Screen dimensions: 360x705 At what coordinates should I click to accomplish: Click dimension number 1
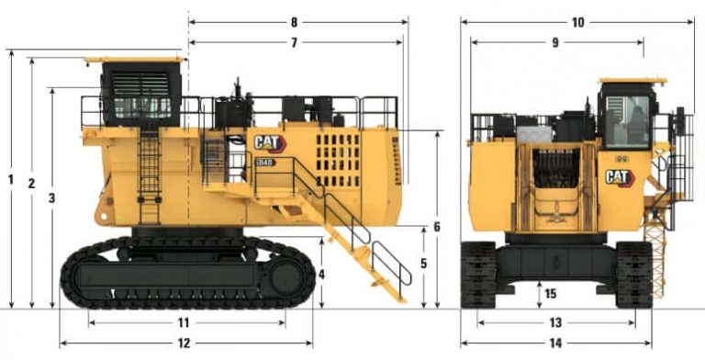pos(11,180)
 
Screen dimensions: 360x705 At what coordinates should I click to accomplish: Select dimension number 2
pos(32,183)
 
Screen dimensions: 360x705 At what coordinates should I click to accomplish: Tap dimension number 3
pos(52,197)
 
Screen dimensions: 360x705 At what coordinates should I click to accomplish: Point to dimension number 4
pos(322,274)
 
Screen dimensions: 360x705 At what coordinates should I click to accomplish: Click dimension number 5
pos(423,263)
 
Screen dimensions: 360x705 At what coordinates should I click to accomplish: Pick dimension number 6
pos(437,225)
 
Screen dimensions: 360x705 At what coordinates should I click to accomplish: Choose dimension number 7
pos(294,42)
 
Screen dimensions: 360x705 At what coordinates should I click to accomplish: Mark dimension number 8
pos(294,21)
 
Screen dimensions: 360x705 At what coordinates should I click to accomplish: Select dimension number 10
pos(578,21)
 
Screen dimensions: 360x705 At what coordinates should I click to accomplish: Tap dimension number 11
pos(184,322)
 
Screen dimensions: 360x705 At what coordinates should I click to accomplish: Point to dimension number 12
pos(184,343)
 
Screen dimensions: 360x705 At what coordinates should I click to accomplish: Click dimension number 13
pos(555,322)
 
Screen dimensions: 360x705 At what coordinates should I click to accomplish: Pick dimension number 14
pos(555,343)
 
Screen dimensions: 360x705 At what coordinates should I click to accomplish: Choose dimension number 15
pos(551,294)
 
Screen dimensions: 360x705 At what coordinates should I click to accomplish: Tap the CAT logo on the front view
pos(618,176)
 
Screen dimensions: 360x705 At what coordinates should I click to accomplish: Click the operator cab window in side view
pos(140,96)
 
